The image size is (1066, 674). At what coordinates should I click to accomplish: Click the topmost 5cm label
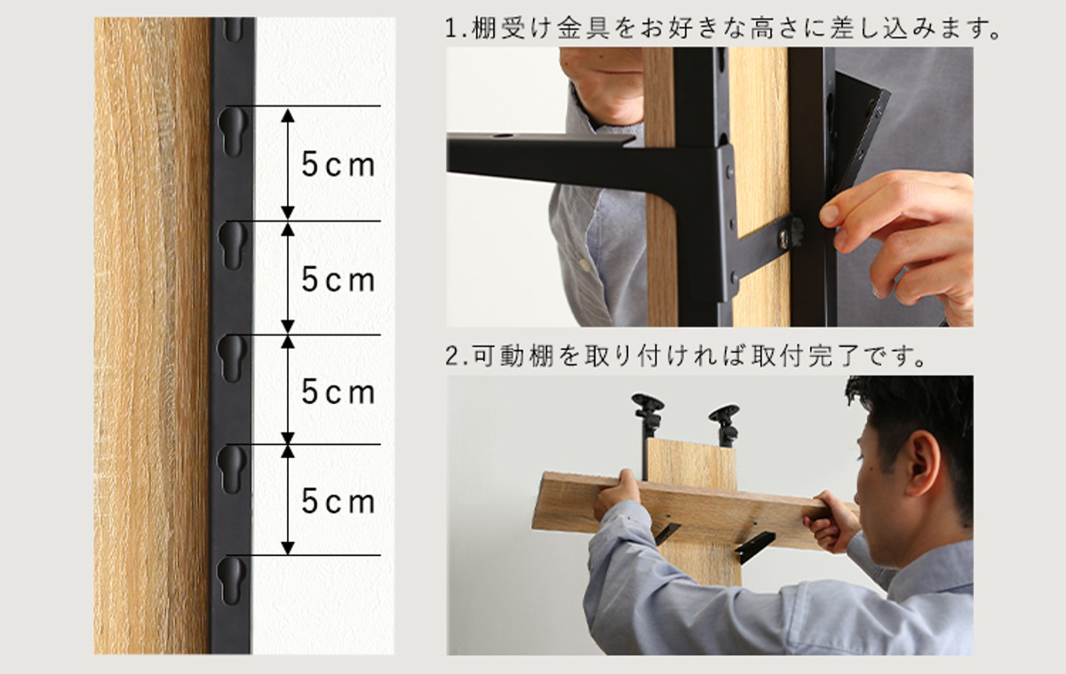click(338, 164)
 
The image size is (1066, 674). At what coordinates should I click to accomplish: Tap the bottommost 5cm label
click(338, 502)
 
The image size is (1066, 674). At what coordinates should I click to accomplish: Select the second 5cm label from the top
click(338, 279)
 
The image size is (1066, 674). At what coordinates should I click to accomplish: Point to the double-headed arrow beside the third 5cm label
click(288, 390)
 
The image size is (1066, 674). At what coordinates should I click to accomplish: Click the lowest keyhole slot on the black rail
click(232, 581)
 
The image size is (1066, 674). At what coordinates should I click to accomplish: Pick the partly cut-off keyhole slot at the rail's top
click(233, 28)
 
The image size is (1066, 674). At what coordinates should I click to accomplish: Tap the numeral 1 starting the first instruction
click(450, 29)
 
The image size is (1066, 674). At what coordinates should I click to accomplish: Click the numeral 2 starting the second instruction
click(451, 357)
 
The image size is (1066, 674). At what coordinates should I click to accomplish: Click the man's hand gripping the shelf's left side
click(617, 495)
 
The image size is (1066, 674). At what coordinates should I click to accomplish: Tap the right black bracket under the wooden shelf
click(754, 547)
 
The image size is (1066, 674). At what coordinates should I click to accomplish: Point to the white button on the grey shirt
click(584, 264)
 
